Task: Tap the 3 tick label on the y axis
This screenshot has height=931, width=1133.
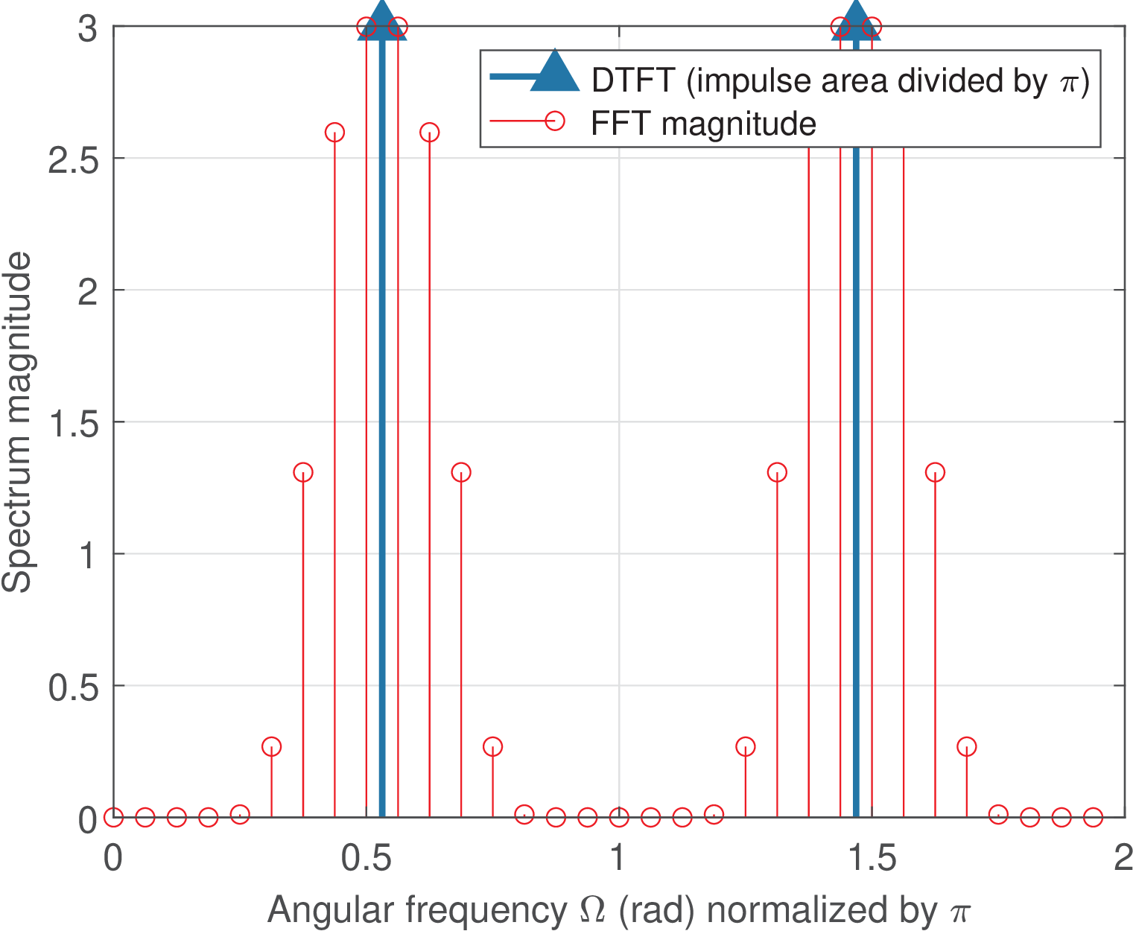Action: pos(88,30)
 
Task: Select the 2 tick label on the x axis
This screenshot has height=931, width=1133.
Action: pos(1123,859)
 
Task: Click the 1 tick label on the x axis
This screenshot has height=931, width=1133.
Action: pos(618,859)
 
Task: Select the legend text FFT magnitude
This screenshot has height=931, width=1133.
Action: pos(703,124)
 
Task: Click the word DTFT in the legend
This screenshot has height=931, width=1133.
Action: pos(633,80)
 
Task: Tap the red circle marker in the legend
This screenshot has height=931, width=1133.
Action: pos(554,121)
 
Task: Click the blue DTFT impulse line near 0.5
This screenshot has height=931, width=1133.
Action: pos(382,447)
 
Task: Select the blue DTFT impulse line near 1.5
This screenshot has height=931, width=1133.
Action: pos(856,484)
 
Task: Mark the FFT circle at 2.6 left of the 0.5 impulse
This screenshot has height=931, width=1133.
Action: pos(334,133)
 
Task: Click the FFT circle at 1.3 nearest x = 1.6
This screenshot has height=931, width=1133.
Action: pos(935,472)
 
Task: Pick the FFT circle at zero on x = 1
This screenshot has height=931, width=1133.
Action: pos(619,817)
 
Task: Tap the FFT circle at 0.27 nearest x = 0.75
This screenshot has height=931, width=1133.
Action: pos(492,746)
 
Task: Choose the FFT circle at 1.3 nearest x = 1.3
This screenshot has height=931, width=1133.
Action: pos(777,472)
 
